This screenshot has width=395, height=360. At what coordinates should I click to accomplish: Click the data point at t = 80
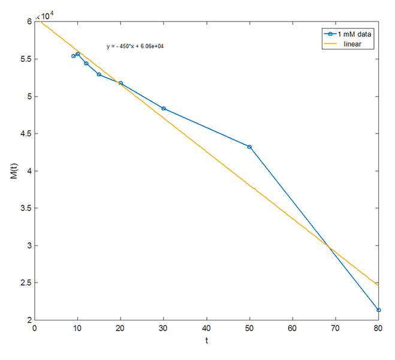click(378, 310)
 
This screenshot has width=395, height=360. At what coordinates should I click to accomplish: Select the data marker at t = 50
click(249, 146)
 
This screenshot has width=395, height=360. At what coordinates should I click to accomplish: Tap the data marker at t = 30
click(164, 109)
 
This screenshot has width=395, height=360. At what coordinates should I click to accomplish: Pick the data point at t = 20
click(120, 83)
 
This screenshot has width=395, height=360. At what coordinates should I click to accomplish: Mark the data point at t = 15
click(99, 74)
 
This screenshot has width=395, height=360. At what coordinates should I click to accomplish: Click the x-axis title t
click(207, 341)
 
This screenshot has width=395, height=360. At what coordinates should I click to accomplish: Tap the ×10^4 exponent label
click(46, 16)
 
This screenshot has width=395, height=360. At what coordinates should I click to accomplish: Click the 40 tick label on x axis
click(206, 329)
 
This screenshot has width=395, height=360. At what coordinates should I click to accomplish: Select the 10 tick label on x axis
click(77, 329)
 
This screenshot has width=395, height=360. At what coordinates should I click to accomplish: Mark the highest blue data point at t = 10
click(78, 54)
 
